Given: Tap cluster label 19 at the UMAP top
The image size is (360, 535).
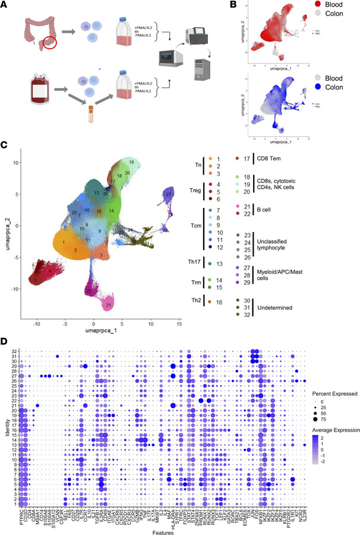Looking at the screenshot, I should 130,162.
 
